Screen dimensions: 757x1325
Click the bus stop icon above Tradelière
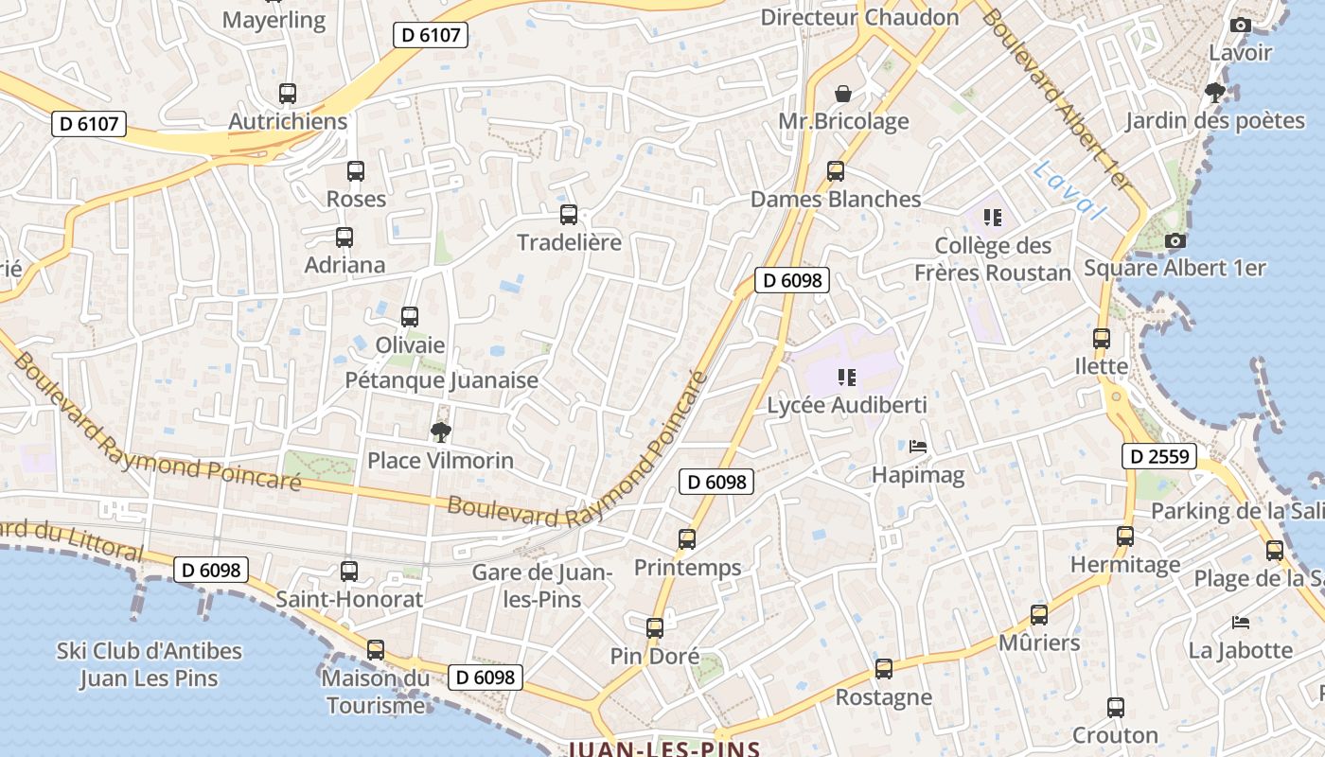(x=568, y=215)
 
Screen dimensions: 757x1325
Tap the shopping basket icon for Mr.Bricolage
(x=842, y=94)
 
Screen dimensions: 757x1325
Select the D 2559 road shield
(x=1159, y=457)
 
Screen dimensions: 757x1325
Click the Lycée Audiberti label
(x=846, y=405)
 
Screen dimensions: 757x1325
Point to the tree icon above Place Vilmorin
(x=440, y=433)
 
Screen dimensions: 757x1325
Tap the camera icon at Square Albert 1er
(x=1175, y=241)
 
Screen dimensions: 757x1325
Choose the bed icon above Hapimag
(x=917, y=446)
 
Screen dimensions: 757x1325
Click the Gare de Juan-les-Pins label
(x=542, y=585)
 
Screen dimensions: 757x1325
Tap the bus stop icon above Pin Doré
(x=654, y=628)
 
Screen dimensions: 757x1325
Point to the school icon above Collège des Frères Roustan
(x=992, y=218)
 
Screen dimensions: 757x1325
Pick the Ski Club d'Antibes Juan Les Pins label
(x=150, y=664)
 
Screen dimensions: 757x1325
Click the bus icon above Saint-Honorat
(x=349, y=572)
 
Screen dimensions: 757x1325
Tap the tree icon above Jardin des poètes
(x=1215, y=93)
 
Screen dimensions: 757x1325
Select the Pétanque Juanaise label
(x=441, y=380)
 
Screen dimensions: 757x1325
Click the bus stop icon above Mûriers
(x=1038, y=615)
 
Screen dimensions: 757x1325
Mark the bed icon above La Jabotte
(x=1240, y=623)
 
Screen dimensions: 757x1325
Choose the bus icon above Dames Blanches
(x=835, y=171)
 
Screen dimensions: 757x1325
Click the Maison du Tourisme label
(x=375, y=692)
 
